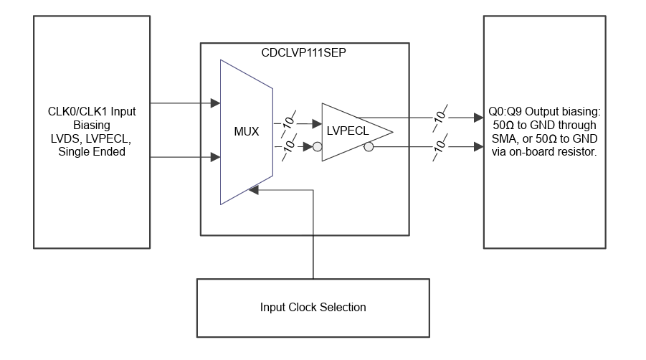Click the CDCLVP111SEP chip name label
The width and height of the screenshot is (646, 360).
[305, 52]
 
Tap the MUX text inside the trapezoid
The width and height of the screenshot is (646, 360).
[246, 133]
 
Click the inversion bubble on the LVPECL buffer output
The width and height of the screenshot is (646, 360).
[369, 148]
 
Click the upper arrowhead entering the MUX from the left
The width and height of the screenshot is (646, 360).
[215, 104]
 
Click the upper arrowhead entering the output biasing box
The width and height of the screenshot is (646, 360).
[478, 117]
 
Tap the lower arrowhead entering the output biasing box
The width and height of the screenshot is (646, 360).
[478, 148]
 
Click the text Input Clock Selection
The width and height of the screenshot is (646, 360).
[313, 308]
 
